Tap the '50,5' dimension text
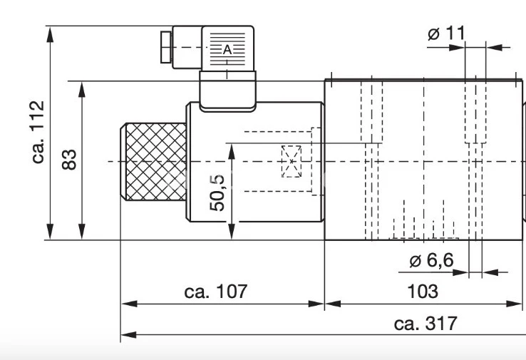(217, 192)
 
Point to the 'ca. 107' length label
(215, 291)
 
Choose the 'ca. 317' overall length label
(426, 323)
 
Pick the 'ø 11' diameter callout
(446, 33)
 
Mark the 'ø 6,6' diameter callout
(431, 260)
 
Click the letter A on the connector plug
(228, 49)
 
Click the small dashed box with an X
(291, 161)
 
